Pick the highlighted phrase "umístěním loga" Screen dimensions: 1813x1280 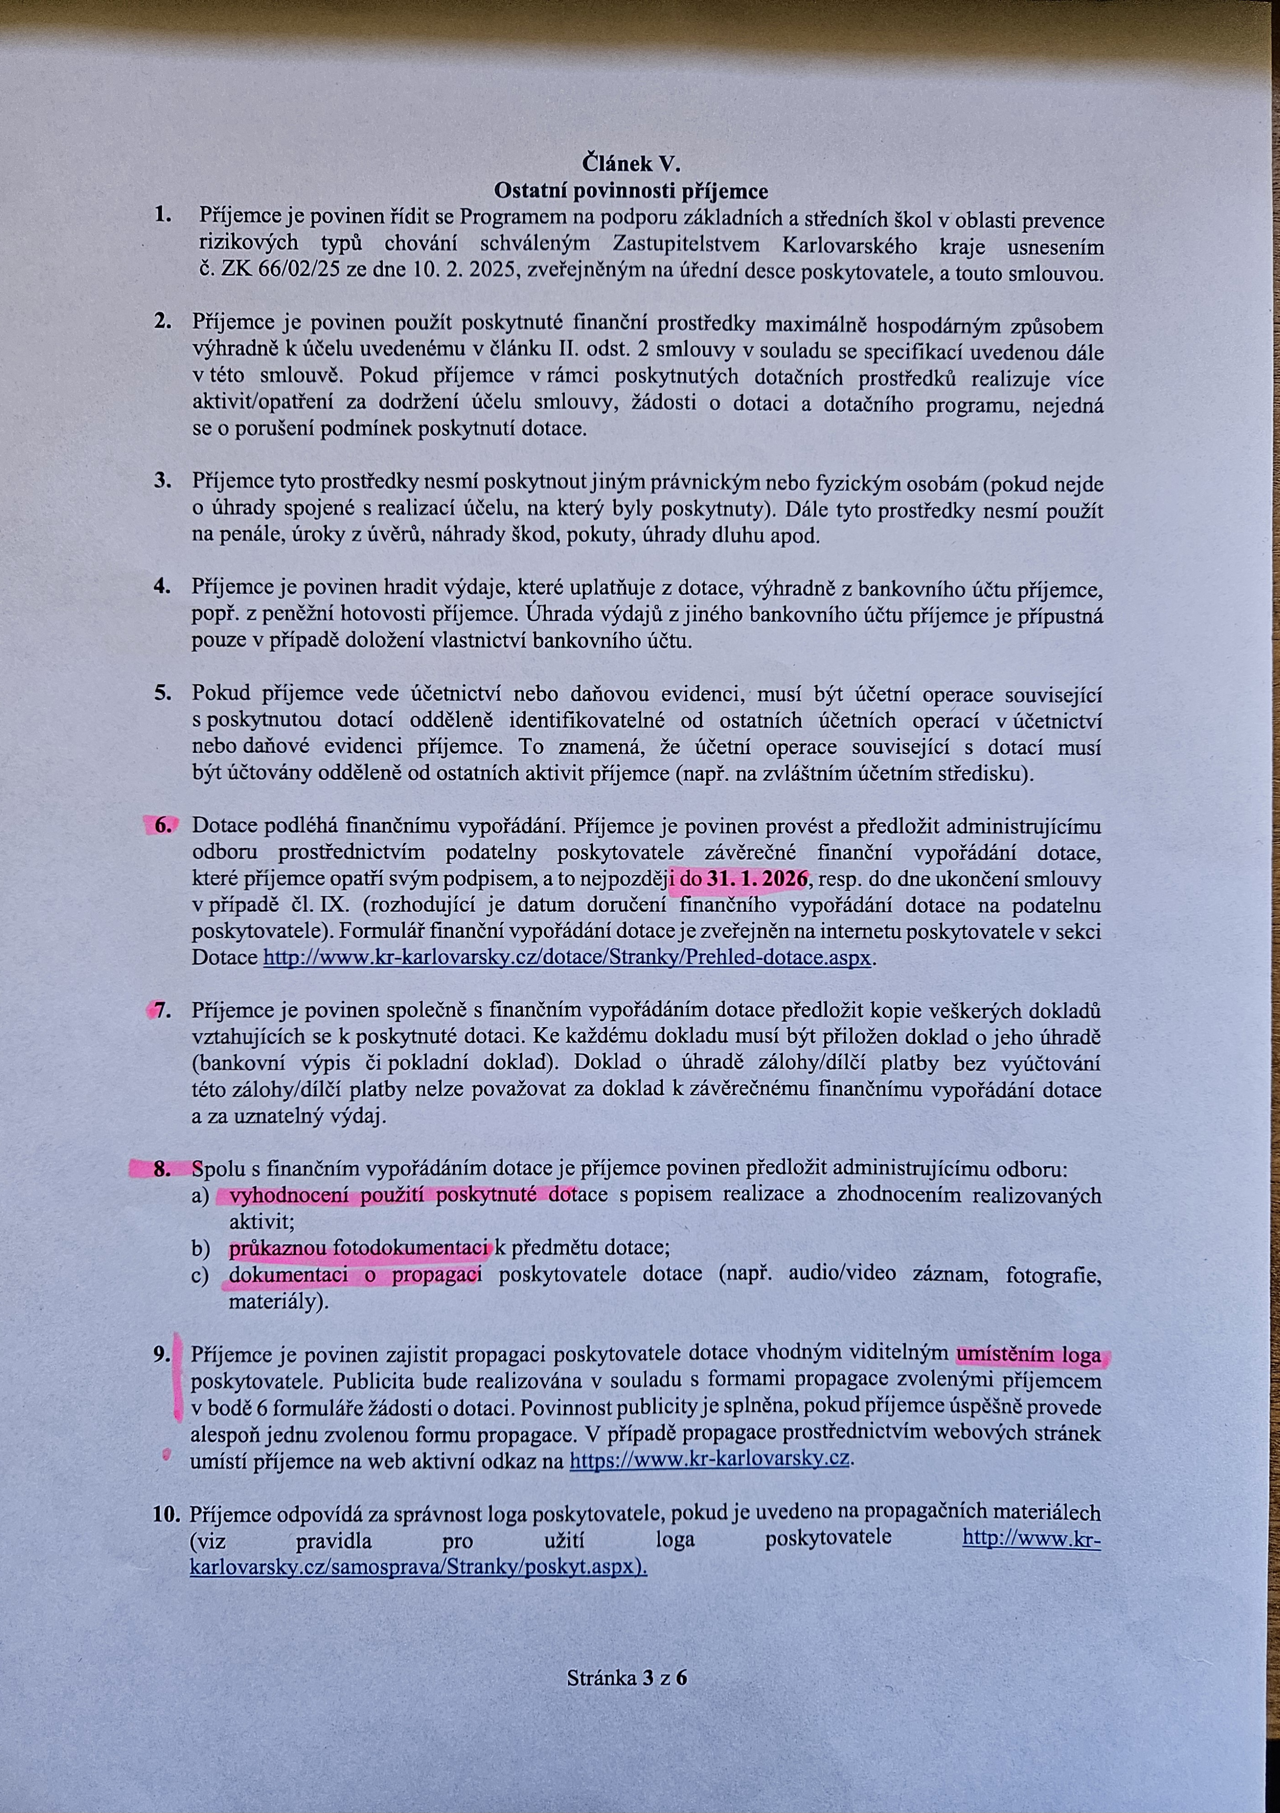pos(1027,1355)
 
